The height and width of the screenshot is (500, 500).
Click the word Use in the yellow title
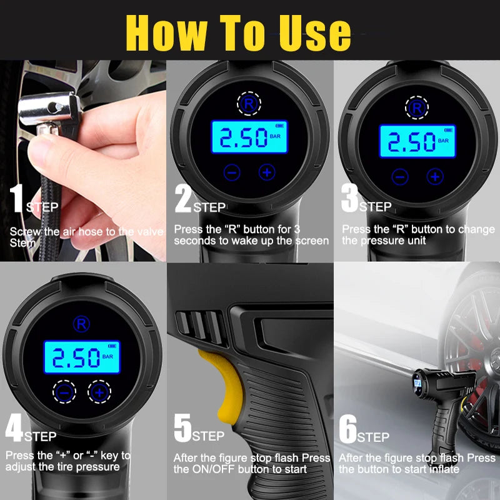315,33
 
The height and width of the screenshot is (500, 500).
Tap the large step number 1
16,198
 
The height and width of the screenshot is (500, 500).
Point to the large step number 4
14,427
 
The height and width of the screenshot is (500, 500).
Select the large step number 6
348,429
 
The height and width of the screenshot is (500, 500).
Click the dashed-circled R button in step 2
249,103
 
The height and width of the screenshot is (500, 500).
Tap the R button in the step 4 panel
81,324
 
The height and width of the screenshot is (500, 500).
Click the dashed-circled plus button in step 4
99,392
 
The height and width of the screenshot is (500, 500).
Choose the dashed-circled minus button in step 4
64,392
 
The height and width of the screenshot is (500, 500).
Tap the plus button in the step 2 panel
267,172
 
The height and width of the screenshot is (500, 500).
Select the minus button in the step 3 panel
400,177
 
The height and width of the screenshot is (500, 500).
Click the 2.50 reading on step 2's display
244,137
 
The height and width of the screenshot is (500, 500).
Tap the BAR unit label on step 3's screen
443,141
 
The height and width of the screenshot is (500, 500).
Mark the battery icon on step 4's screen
112,346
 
